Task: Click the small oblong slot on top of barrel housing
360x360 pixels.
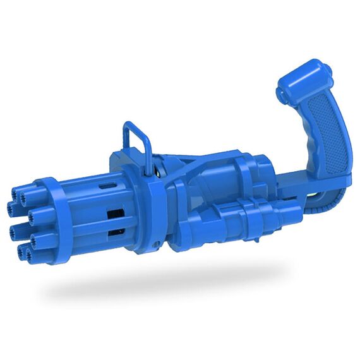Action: pos(109,185)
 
